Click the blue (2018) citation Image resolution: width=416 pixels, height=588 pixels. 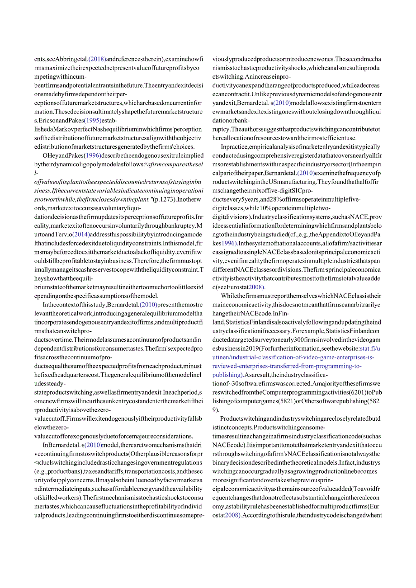(97, 59)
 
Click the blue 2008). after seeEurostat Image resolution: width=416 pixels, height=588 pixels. (256, 287)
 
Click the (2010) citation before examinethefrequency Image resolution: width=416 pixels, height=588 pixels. (297, 173)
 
